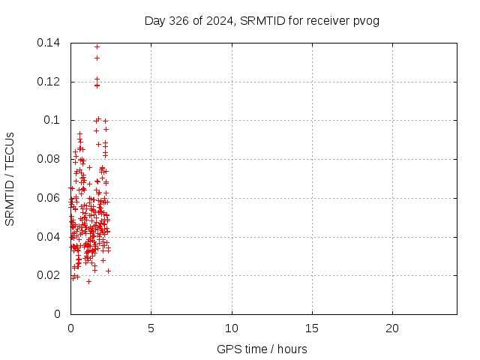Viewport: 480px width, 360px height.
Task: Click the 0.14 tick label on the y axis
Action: [x=51, y=43]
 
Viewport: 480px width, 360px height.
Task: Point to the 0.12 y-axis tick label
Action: [x=51, y=82]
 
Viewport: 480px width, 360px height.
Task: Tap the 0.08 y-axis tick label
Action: [x=51, y=159]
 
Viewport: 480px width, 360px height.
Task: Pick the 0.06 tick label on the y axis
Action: [x=51, y=198]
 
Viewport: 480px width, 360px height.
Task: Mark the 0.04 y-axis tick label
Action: [x=51, y=237]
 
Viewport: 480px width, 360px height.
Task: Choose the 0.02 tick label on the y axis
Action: [x=51, y=275]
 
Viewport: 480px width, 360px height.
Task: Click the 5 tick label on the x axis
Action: [x=151, y=328]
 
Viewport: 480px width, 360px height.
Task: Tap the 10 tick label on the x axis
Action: [x=232, y=328]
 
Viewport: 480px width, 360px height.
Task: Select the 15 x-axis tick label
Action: [x=312, y=328]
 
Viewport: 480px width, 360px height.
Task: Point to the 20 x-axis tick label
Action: [x=392, y=328]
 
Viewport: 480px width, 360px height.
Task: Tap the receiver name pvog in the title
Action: [x=366, y=20]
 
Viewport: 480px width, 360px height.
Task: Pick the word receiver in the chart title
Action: [x=328, y=20]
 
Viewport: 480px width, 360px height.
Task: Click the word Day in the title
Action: [x=154, y=20]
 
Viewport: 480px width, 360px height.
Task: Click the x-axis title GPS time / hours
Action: [x=262, y=349]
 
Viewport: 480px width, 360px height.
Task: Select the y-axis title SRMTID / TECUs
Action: [x=10, y=178]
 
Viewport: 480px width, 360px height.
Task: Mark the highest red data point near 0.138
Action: [x=97, y=46]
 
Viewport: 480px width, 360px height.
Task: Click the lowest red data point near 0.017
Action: [x=88, y=281]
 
